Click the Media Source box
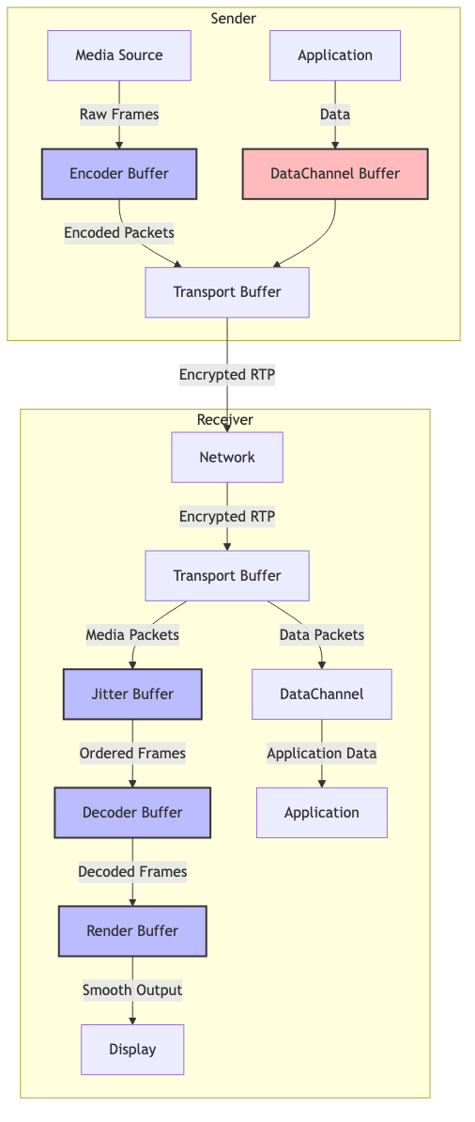pos(118,55)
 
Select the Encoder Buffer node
pos(118,174)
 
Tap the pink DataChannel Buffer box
pos(335,174)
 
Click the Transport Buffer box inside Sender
pos(227,292)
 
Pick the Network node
pos(227,457)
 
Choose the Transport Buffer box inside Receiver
pos(227,575)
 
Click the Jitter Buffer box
pos(132,694)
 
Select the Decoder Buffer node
pos(132,812)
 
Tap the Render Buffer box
pos(132,931)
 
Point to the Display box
pos(132,1050)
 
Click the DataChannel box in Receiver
pos(322,694)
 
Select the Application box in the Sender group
pos(335,55)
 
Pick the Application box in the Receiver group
pos(322,812)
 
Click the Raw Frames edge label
pos(118,115)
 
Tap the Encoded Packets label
pos(118,233)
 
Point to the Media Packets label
pos(132,634)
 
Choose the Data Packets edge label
pos(322,634)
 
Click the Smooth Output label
pos(132,990)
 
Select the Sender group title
pos(233,19)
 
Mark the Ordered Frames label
pos(132,754)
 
